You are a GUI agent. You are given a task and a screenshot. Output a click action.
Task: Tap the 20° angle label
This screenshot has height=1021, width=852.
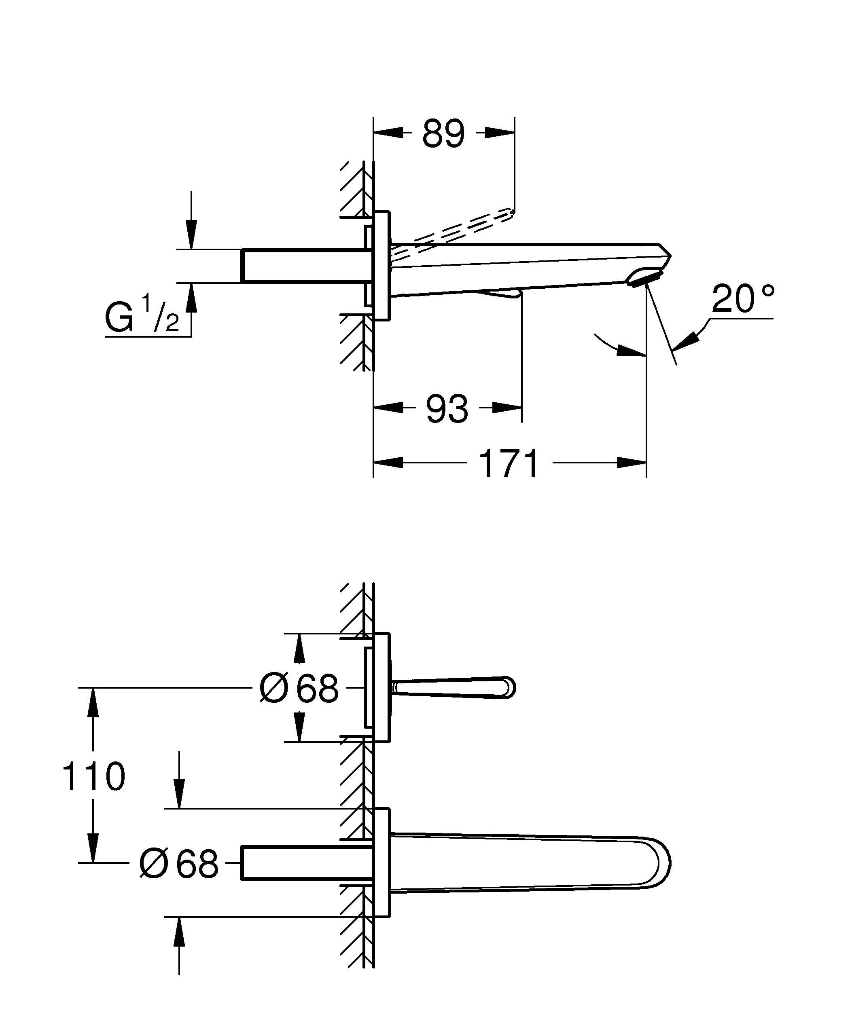click(x=743, y=298)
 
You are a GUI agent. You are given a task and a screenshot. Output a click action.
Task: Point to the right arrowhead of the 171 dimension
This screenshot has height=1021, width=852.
click(x=633, y=463)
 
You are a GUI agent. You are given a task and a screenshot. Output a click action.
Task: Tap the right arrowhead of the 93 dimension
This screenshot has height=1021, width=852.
click(x=508, y=408)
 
